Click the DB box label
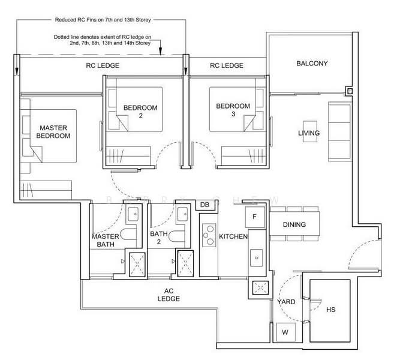click(x=204, y=205)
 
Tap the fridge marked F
click(x=255, y=217)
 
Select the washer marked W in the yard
click(x=285, y=332)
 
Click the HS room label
click(x=330, y=310)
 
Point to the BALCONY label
click(x=312, y=64)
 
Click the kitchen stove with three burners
click(x=209, y=235)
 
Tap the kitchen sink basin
click(x=257, y=257)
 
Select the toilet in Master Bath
click(x=128, y=234)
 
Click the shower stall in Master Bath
click(x=137, y=265)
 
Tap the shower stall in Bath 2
click(x=185, y=263)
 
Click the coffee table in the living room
click(x=310, y=131)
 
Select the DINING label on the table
click(x=294, y=224)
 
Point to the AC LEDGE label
click(x=169, y=295)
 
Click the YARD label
click(x=286, y=302)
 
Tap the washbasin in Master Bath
click(x=133, y=214)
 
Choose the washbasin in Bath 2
click(x=182, y=214)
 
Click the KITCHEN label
click(x=233, y=236)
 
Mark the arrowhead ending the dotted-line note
click(x=160, y=52)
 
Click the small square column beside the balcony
click(x=350, y=91)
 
